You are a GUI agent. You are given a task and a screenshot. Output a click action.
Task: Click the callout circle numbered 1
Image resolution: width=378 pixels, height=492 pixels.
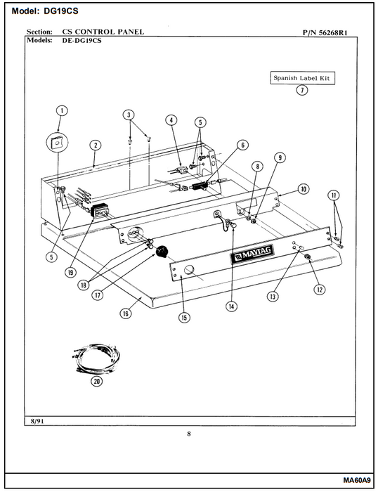[x=62, y=110]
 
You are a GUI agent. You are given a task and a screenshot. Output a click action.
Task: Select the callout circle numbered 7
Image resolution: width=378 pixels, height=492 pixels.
[x=302, y=91]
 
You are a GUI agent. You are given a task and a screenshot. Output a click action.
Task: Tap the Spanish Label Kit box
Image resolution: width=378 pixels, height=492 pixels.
[x=302, y=78]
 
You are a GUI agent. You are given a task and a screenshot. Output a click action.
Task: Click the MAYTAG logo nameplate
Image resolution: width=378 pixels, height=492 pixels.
[x=252, y=253]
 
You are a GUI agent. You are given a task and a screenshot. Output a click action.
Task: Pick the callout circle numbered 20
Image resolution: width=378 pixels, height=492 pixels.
[x=97, y=381]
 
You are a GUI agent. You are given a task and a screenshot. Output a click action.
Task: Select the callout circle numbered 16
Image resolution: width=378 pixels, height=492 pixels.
[x=126, y=313]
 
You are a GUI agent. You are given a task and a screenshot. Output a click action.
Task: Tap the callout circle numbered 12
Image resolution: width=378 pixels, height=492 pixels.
[x=320, y=290]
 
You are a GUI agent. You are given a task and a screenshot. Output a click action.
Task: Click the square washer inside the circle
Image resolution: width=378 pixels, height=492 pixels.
[x=57, y=143]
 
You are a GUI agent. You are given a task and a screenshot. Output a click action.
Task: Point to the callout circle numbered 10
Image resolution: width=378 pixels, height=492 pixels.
[x=304, y=189]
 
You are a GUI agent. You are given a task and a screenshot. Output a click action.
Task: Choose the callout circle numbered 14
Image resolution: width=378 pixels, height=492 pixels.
[x=231, y=306]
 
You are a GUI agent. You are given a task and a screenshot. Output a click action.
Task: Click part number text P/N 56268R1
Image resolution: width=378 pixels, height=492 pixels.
[x=325, y=32]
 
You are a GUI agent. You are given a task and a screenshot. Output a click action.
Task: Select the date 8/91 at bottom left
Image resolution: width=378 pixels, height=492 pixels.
[x=37, y=421]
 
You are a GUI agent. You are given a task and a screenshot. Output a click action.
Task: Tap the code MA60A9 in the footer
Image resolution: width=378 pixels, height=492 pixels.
[x=357, y=480]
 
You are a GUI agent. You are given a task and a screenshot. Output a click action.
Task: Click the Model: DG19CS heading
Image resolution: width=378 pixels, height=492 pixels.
[x=45, y=11]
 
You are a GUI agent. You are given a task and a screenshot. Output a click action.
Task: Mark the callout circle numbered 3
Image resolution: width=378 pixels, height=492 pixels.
[x=129, y=115]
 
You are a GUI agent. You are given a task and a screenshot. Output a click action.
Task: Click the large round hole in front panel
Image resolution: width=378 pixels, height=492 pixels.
[x=188, y=270]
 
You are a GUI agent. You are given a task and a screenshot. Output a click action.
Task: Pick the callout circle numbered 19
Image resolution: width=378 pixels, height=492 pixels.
[x=70, y=273]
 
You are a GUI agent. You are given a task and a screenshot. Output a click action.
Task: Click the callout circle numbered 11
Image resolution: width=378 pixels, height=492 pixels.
[x=334, y=195]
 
